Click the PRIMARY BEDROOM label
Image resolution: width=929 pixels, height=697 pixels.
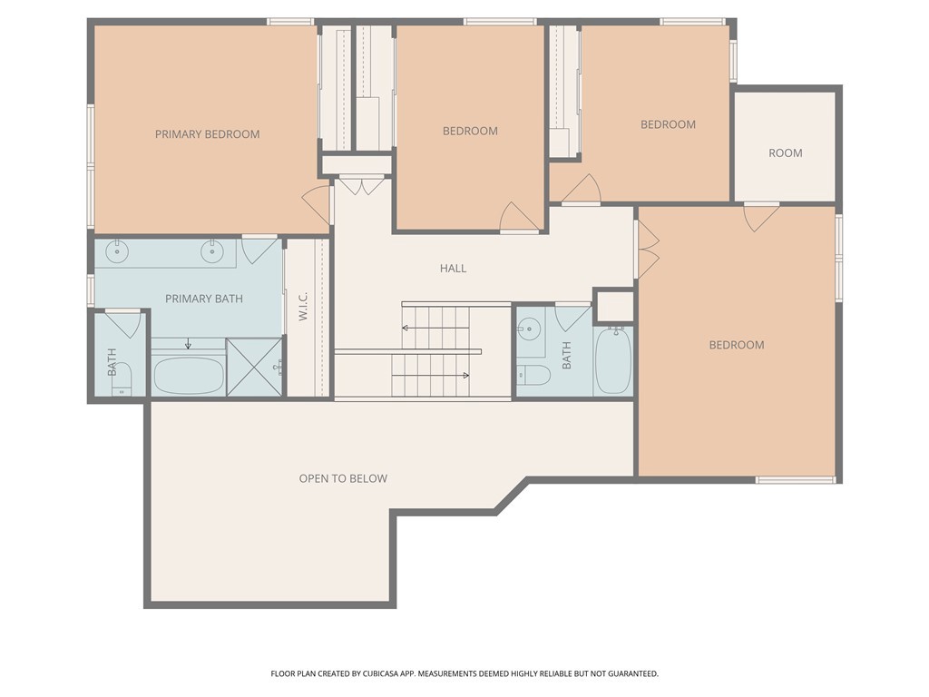208,134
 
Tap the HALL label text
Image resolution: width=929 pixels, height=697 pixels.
453,269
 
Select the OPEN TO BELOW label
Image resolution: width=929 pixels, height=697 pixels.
343,478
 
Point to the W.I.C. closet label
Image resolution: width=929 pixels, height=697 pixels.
303,306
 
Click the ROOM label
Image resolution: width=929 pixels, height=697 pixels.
786,152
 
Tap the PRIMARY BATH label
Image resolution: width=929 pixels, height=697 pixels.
204,299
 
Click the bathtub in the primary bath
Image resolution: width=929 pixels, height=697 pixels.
189,375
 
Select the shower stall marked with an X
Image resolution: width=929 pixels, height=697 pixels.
255,367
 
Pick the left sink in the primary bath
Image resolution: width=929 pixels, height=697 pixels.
117,251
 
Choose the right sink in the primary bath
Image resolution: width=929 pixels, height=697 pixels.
212,251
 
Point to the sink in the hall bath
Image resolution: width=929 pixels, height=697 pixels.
528,327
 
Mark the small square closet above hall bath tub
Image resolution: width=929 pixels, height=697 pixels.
614,306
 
